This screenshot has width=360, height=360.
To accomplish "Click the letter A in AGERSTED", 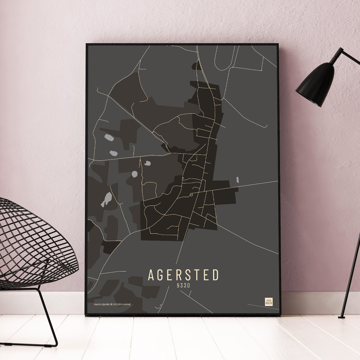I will pos(151,275).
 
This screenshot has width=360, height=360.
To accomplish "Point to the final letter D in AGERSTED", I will pos(215,275).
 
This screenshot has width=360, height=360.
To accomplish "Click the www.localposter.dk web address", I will pos(103,305).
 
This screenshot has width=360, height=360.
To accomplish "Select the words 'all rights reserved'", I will pos(122,305).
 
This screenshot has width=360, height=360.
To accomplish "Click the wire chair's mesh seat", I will pos(32,245).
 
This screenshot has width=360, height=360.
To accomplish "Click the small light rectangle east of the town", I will pos(238,180).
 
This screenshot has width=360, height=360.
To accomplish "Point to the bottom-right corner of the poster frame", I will pos(280,315).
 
